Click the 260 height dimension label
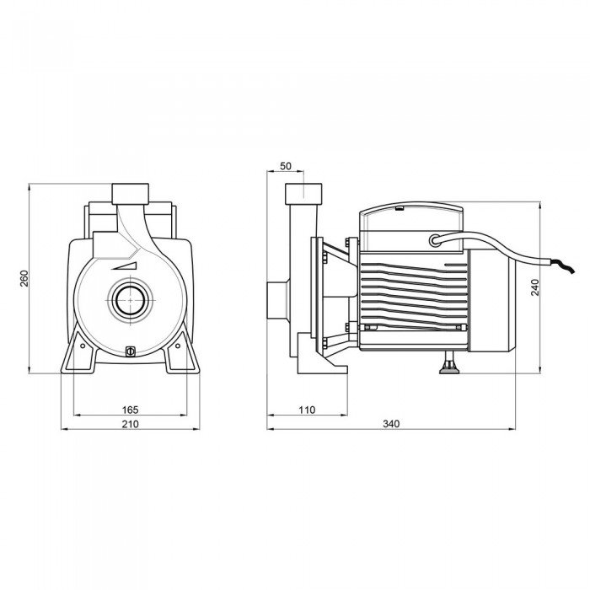click(24, 278)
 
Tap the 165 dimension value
click(130, 410)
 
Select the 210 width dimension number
click(130, 424)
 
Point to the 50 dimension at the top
click(286, 166)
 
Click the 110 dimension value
click(307, 410)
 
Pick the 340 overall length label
click(391, 424)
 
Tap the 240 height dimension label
click(535, 287)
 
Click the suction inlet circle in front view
click(130, 300)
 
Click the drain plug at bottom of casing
click(130, 351)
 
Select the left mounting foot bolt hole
click(82, 346)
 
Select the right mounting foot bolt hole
click(178, 346)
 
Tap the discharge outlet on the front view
click(130, 194)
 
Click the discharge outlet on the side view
click(303, 194)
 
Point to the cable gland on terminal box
click(435, 240)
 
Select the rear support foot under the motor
click(449, 362)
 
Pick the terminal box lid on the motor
click(411, 228)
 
